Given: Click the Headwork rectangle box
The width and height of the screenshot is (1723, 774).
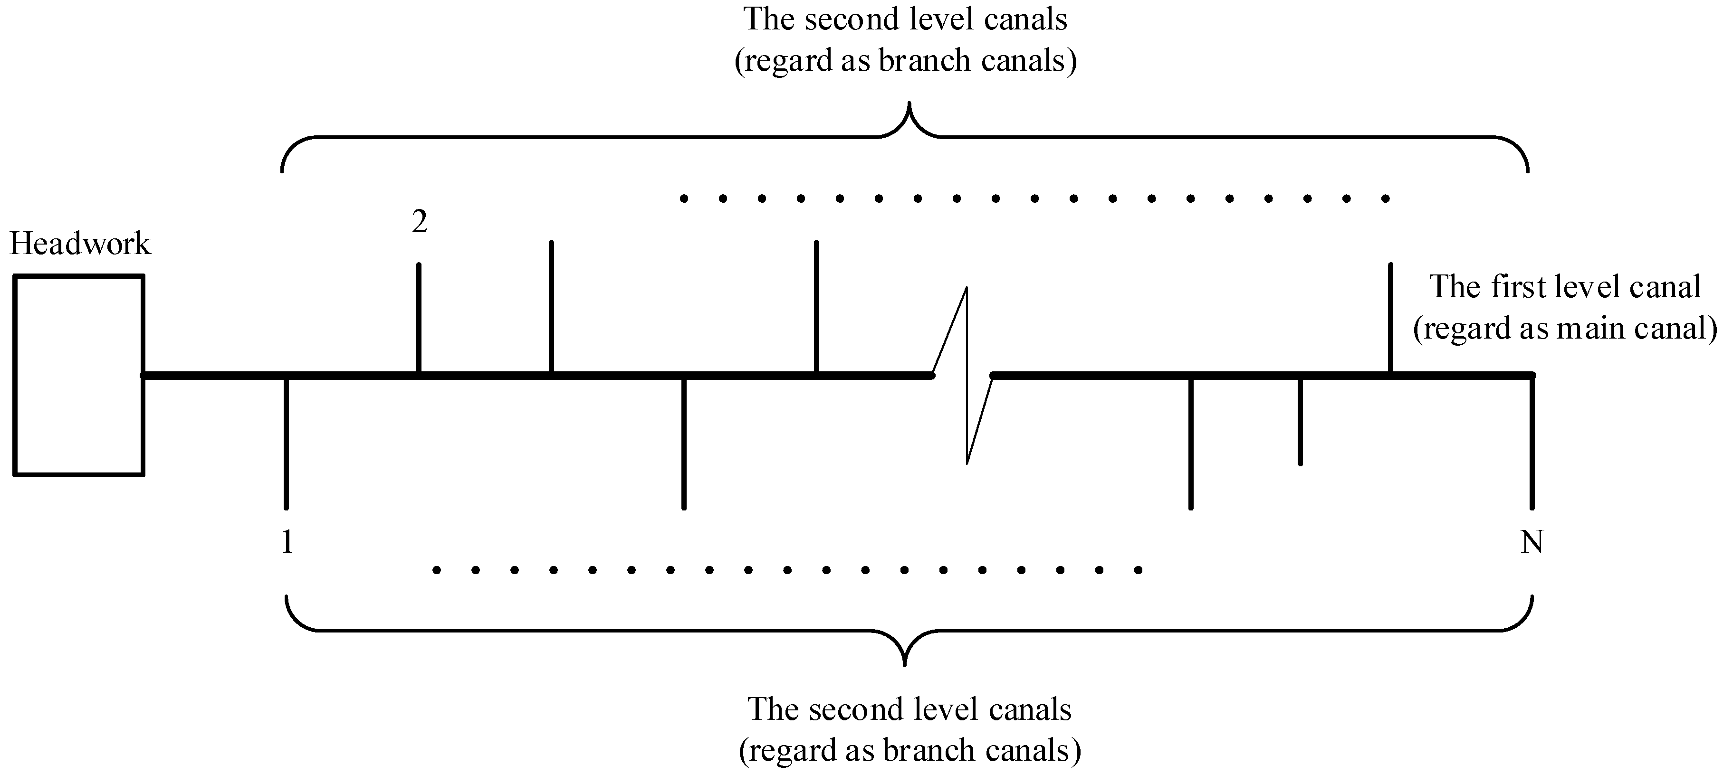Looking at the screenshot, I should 79,375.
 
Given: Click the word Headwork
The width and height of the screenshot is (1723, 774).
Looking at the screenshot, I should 80,244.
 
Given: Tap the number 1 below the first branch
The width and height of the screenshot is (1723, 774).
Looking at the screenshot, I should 287,541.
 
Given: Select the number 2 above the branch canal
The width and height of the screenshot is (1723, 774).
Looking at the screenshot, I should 420,222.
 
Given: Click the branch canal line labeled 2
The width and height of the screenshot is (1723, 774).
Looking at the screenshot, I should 419,318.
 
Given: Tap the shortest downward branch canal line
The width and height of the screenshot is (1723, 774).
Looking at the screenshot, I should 1300,421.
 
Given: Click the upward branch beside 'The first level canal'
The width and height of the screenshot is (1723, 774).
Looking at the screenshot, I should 1390,318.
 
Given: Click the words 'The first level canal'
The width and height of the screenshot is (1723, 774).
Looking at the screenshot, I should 1565,287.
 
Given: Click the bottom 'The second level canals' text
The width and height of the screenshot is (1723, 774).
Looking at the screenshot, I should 909,708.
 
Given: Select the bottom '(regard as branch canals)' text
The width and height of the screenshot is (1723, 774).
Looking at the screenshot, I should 909,750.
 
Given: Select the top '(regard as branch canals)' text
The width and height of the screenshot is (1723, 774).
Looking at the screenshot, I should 906,61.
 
